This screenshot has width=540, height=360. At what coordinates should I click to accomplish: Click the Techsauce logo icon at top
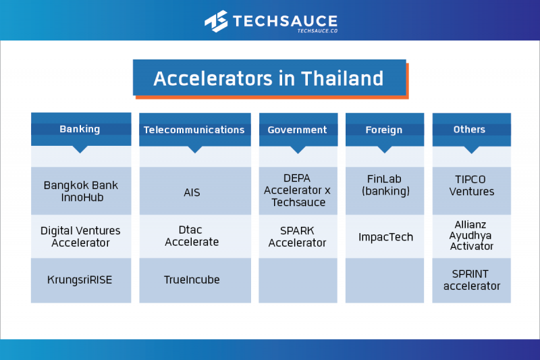216,21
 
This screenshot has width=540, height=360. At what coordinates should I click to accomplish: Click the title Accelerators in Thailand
269,78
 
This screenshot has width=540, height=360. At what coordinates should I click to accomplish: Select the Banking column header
80,129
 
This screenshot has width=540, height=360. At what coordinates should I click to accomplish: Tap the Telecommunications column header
194,129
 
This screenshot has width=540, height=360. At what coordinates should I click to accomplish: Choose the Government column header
297,129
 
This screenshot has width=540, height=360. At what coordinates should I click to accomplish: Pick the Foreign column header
384,129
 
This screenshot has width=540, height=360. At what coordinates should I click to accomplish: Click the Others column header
470,129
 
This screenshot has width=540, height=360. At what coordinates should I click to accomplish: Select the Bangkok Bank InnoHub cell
80,191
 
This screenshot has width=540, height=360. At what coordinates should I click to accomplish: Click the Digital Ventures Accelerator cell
80,236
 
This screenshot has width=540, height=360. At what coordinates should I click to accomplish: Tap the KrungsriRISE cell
80,280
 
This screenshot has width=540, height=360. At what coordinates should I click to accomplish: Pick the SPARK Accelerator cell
297,236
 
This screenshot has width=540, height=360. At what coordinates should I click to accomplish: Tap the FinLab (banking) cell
384,186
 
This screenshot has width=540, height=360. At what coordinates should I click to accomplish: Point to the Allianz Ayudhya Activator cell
471,235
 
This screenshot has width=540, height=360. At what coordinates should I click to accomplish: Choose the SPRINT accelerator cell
471,280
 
